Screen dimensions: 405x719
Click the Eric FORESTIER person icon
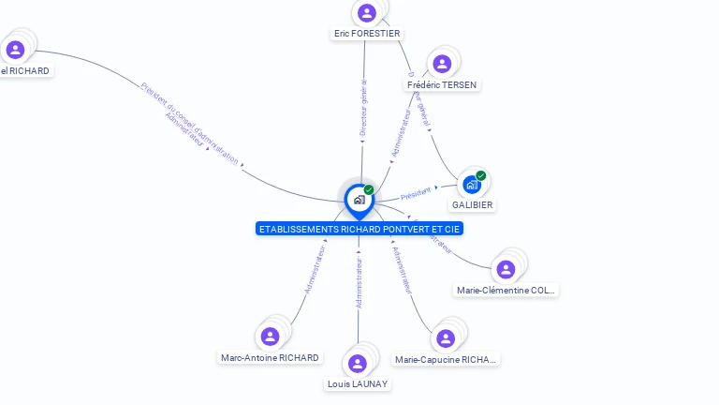click(x=367, y=13)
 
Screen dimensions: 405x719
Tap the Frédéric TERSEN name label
click(x=442, y=84)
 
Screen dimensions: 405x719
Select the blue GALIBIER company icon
click(x=472, y=184)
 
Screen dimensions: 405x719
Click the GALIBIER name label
click(x=473, y=204)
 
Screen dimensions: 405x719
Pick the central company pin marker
click(x=359, y=200)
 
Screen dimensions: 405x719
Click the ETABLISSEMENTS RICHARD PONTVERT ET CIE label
click(x=360, y=229)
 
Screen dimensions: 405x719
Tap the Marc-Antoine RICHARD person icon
click(x=271, y=336)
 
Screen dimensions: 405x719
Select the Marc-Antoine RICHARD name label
click(x=270, y=357)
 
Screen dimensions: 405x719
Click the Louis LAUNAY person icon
click(x=358, y=363)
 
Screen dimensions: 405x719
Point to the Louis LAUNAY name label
click(x=358, y=383)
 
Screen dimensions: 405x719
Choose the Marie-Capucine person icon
click(x=446, y=338)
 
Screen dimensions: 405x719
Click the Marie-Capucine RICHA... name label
click(x=446, y=359)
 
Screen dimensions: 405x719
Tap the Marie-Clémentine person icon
click(x=506, y=269)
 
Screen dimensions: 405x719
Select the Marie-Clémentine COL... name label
click(x=506, y=290)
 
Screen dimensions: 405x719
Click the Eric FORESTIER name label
click(x=367, y=34)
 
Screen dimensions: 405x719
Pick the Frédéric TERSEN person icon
click(x=442, y=64)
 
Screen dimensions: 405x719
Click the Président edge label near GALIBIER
click(x=416, y=193)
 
